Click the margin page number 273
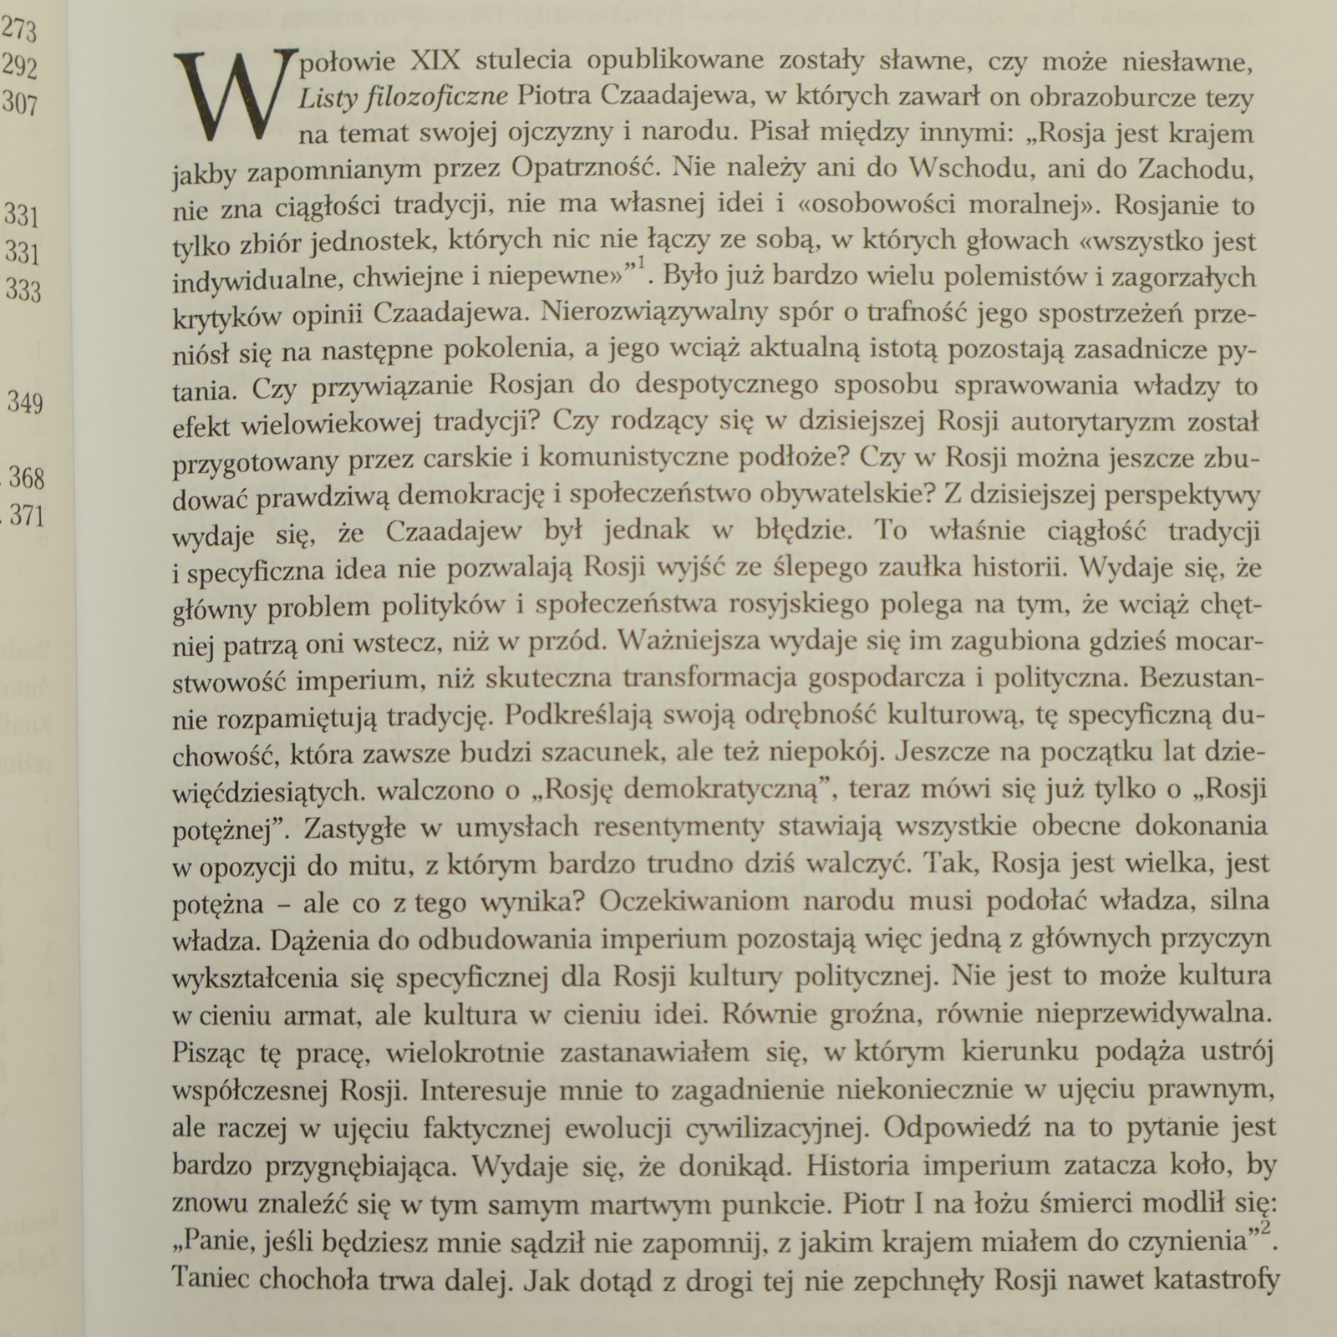(x=18, y=31)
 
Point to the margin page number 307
(x=20, y=103)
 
